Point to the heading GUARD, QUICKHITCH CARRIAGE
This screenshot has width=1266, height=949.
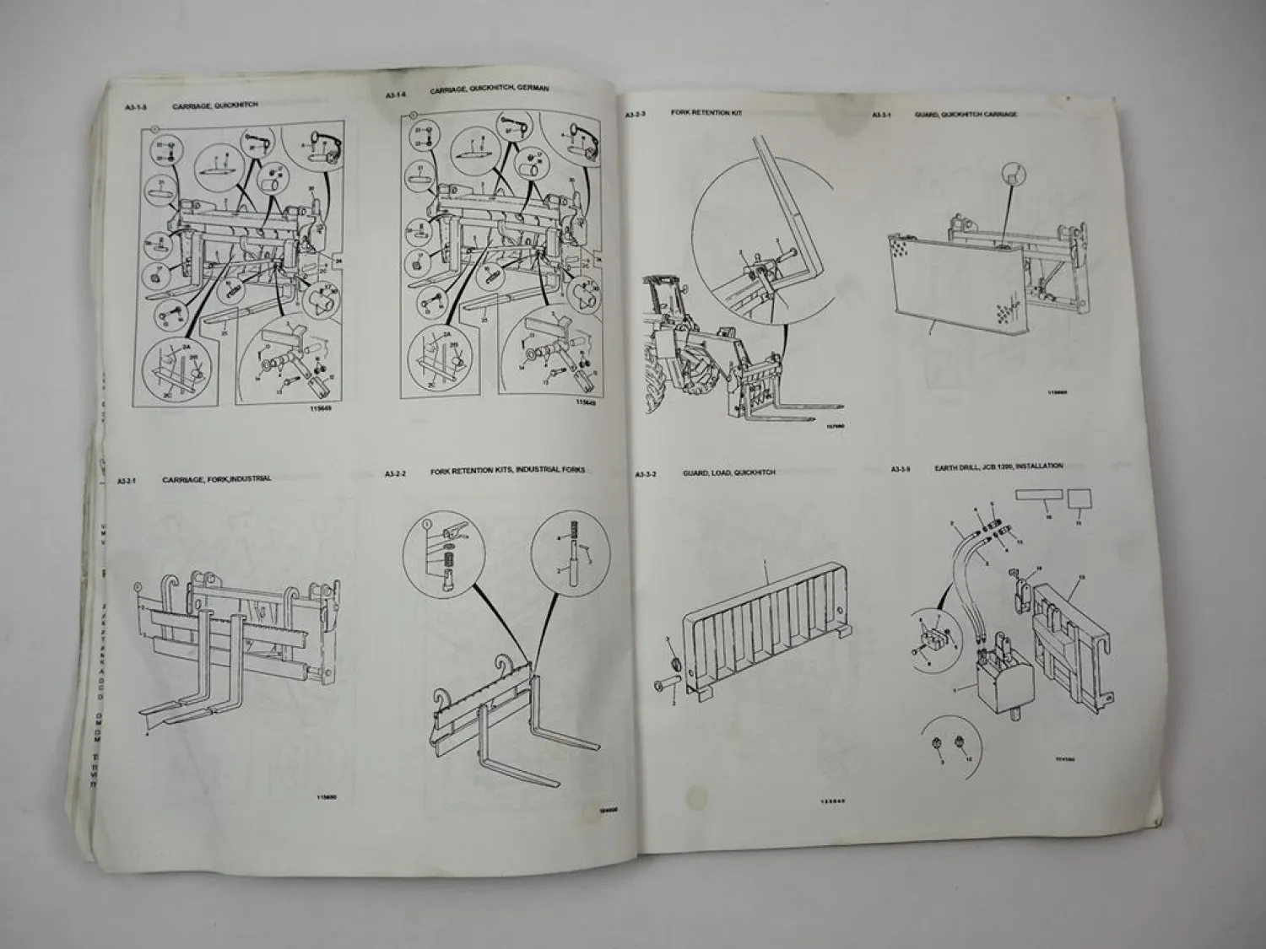[966, 114]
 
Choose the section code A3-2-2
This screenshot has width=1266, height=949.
[396, 473]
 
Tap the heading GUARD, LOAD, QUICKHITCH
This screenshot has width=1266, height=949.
[728, 473]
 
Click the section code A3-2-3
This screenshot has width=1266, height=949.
[636, 112]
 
